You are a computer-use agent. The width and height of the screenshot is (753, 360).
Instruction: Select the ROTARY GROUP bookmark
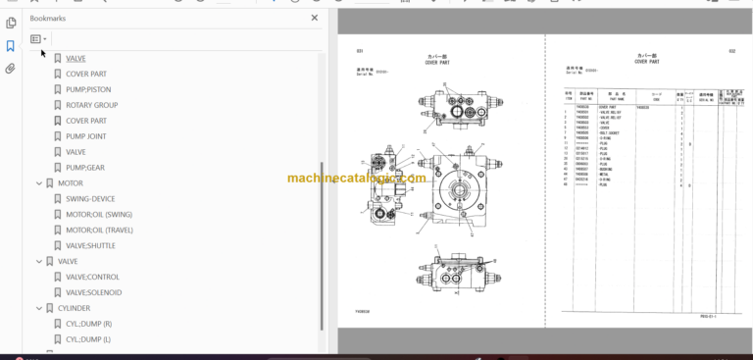(91, 105)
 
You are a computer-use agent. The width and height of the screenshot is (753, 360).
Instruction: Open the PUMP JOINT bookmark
(85, 136)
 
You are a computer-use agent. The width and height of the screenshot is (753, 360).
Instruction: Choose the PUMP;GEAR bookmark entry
(84, 168)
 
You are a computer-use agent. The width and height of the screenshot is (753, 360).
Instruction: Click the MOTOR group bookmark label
(70, 183)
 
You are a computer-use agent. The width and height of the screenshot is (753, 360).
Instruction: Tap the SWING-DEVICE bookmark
(90, 199)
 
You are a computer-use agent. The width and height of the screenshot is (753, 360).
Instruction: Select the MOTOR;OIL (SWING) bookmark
(98, 215)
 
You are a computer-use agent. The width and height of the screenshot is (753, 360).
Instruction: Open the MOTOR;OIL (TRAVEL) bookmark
(99, 231)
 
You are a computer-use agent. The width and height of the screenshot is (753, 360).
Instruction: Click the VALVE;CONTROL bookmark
(92, 277)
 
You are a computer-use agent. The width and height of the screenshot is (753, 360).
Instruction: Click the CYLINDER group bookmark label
(75, 308)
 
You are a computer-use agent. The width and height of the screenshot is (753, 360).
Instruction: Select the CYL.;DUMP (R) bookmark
(89, 324)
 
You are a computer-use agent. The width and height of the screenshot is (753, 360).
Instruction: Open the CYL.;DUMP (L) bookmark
(89, 339)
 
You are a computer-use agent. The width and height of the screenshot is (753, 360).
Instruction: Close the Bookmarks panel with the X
(315, 18)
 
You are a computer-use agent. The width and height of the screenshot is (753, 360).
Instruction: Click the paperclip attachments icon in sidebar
(10, 69)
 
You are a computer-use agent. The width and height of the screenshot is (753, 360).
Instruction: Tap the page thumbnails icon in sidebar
(10, 22)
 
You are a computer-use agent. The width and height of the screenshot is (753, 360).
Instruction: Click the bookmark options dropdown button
(38, 39)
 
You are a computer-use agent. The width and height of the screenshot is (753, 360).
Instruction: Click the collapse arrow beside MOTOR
(38, 183)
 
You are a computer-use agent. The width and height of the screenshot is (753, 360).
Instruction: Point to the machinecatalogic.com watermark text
(356, 179)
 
